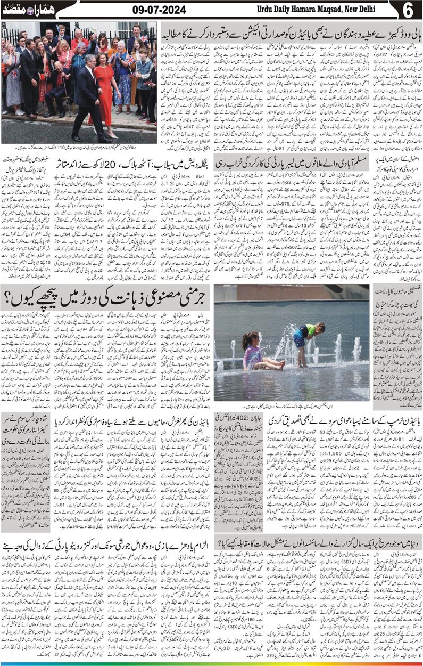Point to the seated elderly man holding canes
click(57, 85)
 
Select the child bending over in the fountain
click(305, 341)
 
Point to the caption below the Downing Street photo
click(80, 148)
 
